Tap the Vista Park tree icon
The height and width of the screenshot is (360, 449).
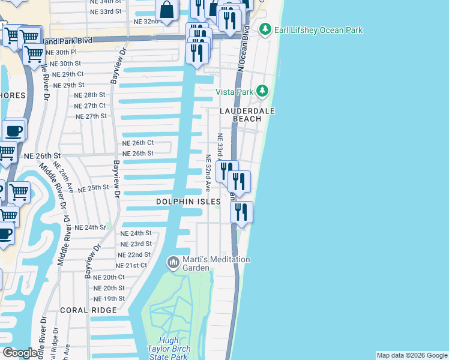click(262, 91)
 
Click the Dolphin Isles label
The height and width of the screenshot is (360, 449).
click(189, 202)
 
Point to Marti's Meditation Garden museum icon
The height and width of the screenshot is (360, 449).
click(173, 262)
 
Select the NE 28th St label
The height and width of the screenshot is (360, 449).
click(89, 95)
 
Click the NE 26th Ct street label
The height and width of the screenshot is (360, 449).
click(138, 143)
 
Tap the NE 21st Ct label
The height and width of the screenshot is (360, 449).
click(132, 265)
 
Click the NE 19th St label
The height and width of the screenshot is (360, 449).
click(109, 298)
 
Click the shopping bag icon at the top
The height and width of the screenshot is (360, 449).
click(167, 10)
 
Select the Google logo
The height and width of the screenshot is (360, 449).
click(20, 353)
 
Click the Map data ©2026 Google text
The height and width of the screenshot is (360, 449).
click(412, 355)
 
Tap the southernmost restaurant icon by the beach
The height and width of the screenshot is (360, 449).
click(241, 212)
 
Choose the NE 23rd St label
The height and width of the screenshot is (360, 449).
click(136, 244)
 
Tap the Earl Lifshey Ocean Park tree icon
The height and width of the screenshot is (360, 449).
click(265, 29)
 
